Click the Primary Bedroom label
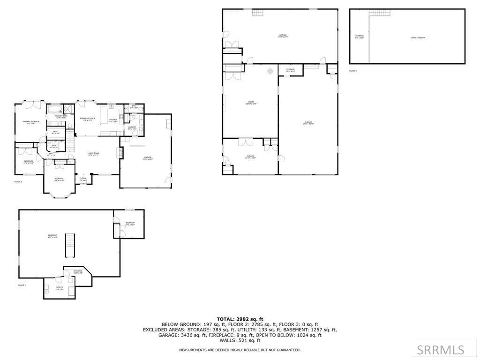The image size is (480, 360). (x=31, y=122)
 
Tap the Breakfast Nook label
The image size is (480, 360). (x=87, y=119)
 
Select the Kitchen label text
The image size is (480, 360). (x=113, y=120)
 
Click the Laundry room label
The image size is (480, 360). (x=132, y=127)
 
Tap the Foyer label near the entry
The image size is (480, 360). (x=83, y=179)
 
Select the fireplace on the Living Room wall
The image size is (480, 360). (x=119, y=153)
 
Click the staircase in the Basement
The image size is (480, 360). (x=70, y=245)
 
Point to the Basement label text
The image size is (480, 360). (x=52, y=236)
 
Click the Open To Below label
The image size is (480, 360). (x=418, y=37)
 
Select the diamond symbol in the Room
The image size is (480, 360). (x=270, y=71)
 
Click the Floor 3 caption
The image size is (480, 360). (x=352, y=71)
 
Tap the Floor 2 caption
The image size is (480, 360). (x=18, y=182)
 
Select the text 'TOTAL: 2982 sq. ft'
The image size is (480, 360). (x=240, y=319)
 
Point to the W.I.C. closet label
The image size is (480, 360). (x=55, y=132)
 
